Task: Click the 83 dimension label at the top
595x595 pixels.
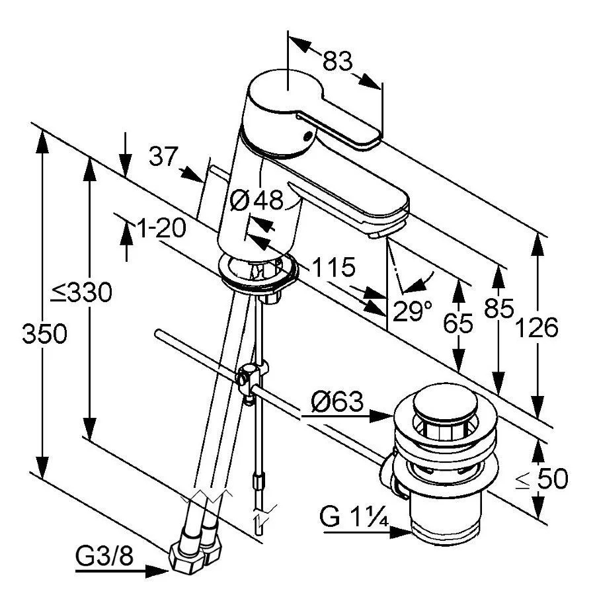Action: (x=337, y=61)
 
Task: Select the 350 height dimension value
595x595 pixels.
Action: (x=44, y=334)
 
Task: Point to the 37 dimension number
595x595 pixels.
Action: (x=163, y=157)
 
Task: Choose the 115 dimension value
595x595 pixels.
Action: (x=333, y=268)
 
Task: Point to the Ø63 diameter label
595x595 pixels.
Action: (x=337, y=401)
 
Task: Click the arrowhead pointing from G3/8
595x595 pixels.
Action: (x=159, y=569)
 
